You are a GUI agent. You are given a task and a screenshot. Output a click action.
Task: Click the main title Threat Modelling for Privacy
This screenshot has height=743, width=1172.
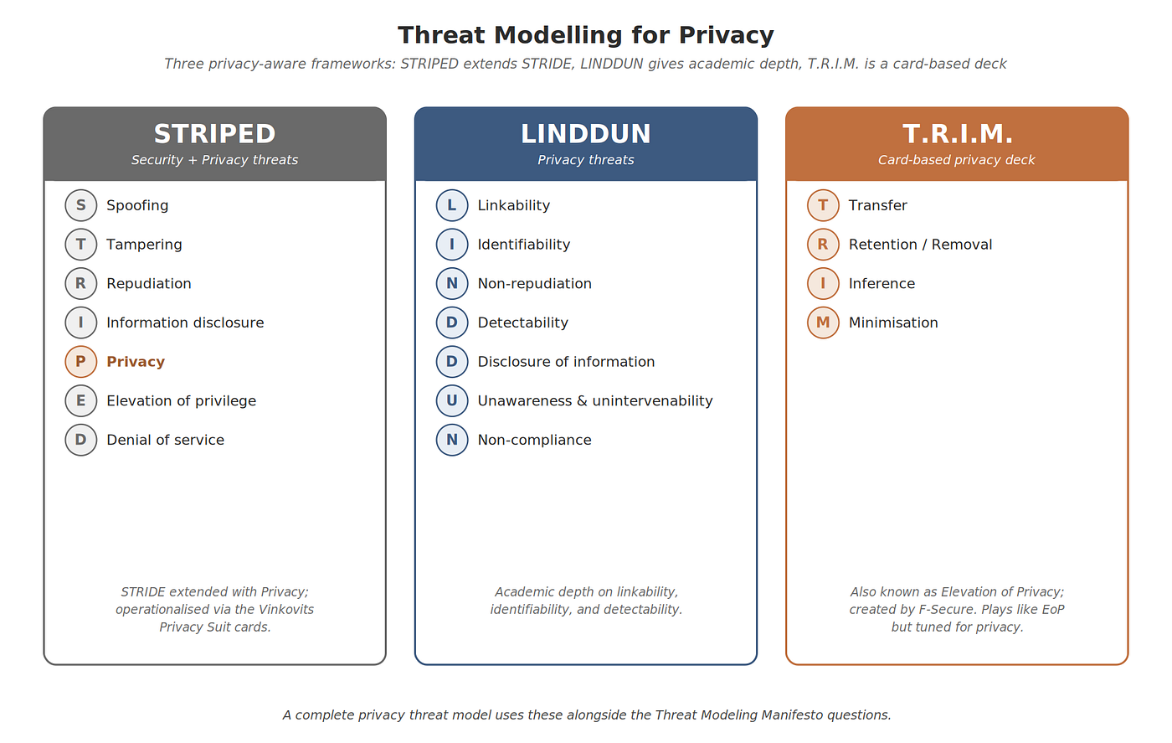point(585,36)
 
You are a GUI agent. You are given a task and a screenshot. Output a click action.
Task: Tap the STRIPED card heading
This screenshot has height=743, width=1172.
point(214,134)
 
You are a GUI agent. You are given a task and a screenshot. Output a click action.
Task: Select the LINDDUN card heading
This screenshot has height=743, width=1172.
point(585,134)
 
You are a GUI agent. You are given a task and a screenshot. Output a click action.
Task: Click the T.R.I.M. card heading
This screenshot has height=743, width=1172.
point(957,134)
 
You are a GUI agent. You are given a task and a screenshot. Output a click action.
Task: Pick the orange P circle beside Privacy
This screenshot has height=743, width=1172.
point(80,362)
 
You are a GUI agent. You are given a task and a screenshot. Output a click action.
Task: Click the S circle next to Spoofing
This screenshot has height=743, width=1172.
point(80,205)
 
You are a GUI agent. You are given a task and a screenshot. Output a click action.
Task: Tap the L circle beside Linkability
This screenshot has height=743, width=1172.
point(451,205)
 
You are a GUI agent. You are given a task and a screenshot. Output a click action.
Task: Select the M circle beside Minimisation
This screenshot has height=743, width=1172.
point(823,322)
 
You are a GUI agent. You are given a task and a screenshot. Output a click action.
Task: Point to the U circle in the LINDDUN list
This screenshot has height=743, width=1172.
point(451,400)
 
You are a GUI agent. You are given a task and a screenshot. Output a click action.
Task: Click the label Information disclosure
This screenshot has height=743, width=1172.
point(185,322)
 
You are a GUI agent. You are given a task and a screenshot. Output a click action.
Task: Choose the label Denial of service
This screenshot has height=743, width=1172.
point(166,440)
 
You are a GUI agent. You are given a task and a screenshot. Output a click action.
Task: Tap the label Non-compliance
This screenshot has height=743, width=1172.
point(534,440)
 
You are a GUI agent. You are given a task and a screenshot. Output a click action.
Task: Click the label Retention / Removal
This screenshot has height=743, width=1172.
point(920,245)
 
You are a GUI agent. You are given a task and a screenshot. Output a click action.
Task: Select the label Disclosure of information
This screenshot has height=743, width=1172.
point(566,362)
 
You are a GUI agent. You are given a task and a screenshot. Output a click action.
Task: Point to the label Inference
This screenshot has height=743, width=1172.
point(882,283)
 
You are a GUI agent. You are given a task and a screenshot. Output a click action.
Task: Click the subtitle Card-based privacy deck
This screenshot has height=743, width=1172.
point(956,160)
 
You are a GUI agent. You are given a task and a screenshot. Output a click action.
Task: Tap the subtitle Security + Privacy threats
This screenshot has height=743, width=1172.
point(214,160)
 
